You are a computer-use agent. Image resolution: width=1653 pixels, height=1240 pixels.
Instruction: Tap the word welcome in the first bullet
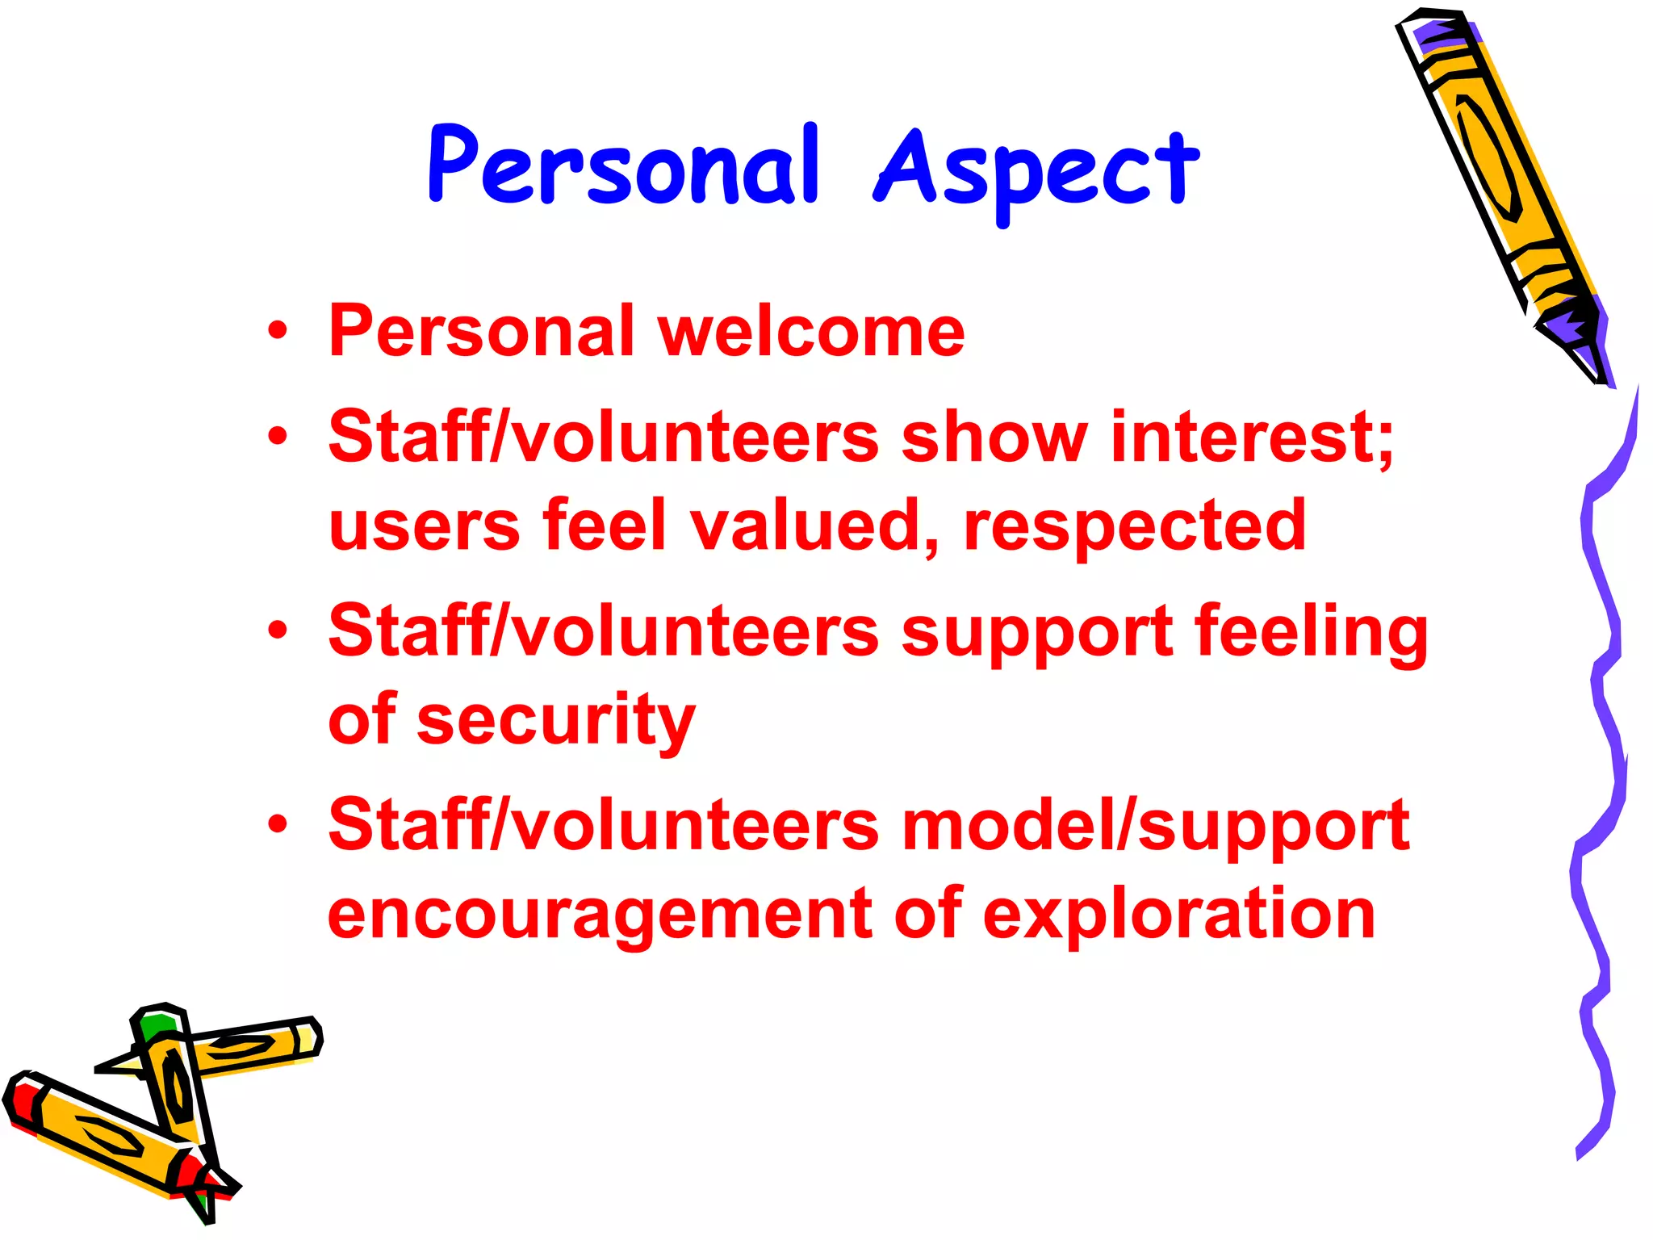[x=811, y=332]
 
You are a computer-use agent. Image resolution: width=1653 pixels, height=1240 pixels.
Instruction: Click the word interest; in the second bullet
[x=1252, y=437]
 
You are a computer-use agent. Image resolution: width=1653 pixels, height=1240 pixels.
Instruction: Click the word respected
[x=1134, y=527]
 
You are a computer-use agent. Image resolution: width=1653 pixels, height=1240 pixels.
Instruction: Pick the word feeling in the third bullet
[x=1311, y=632]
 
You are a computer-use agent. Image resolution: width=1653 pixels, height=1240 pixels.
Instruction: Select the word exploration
[x=1178, y=916]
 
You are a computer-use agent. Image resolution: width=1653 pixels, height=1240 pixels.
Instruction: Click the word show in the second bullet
[x=994, y=437]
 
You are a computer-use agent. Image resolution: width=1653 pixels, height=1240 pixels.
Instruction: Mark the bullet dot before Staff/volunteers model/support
[x=278, y=824]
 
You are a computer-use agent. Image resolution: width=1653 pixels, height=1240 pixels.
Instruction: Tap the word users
[x=424, y=527]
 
